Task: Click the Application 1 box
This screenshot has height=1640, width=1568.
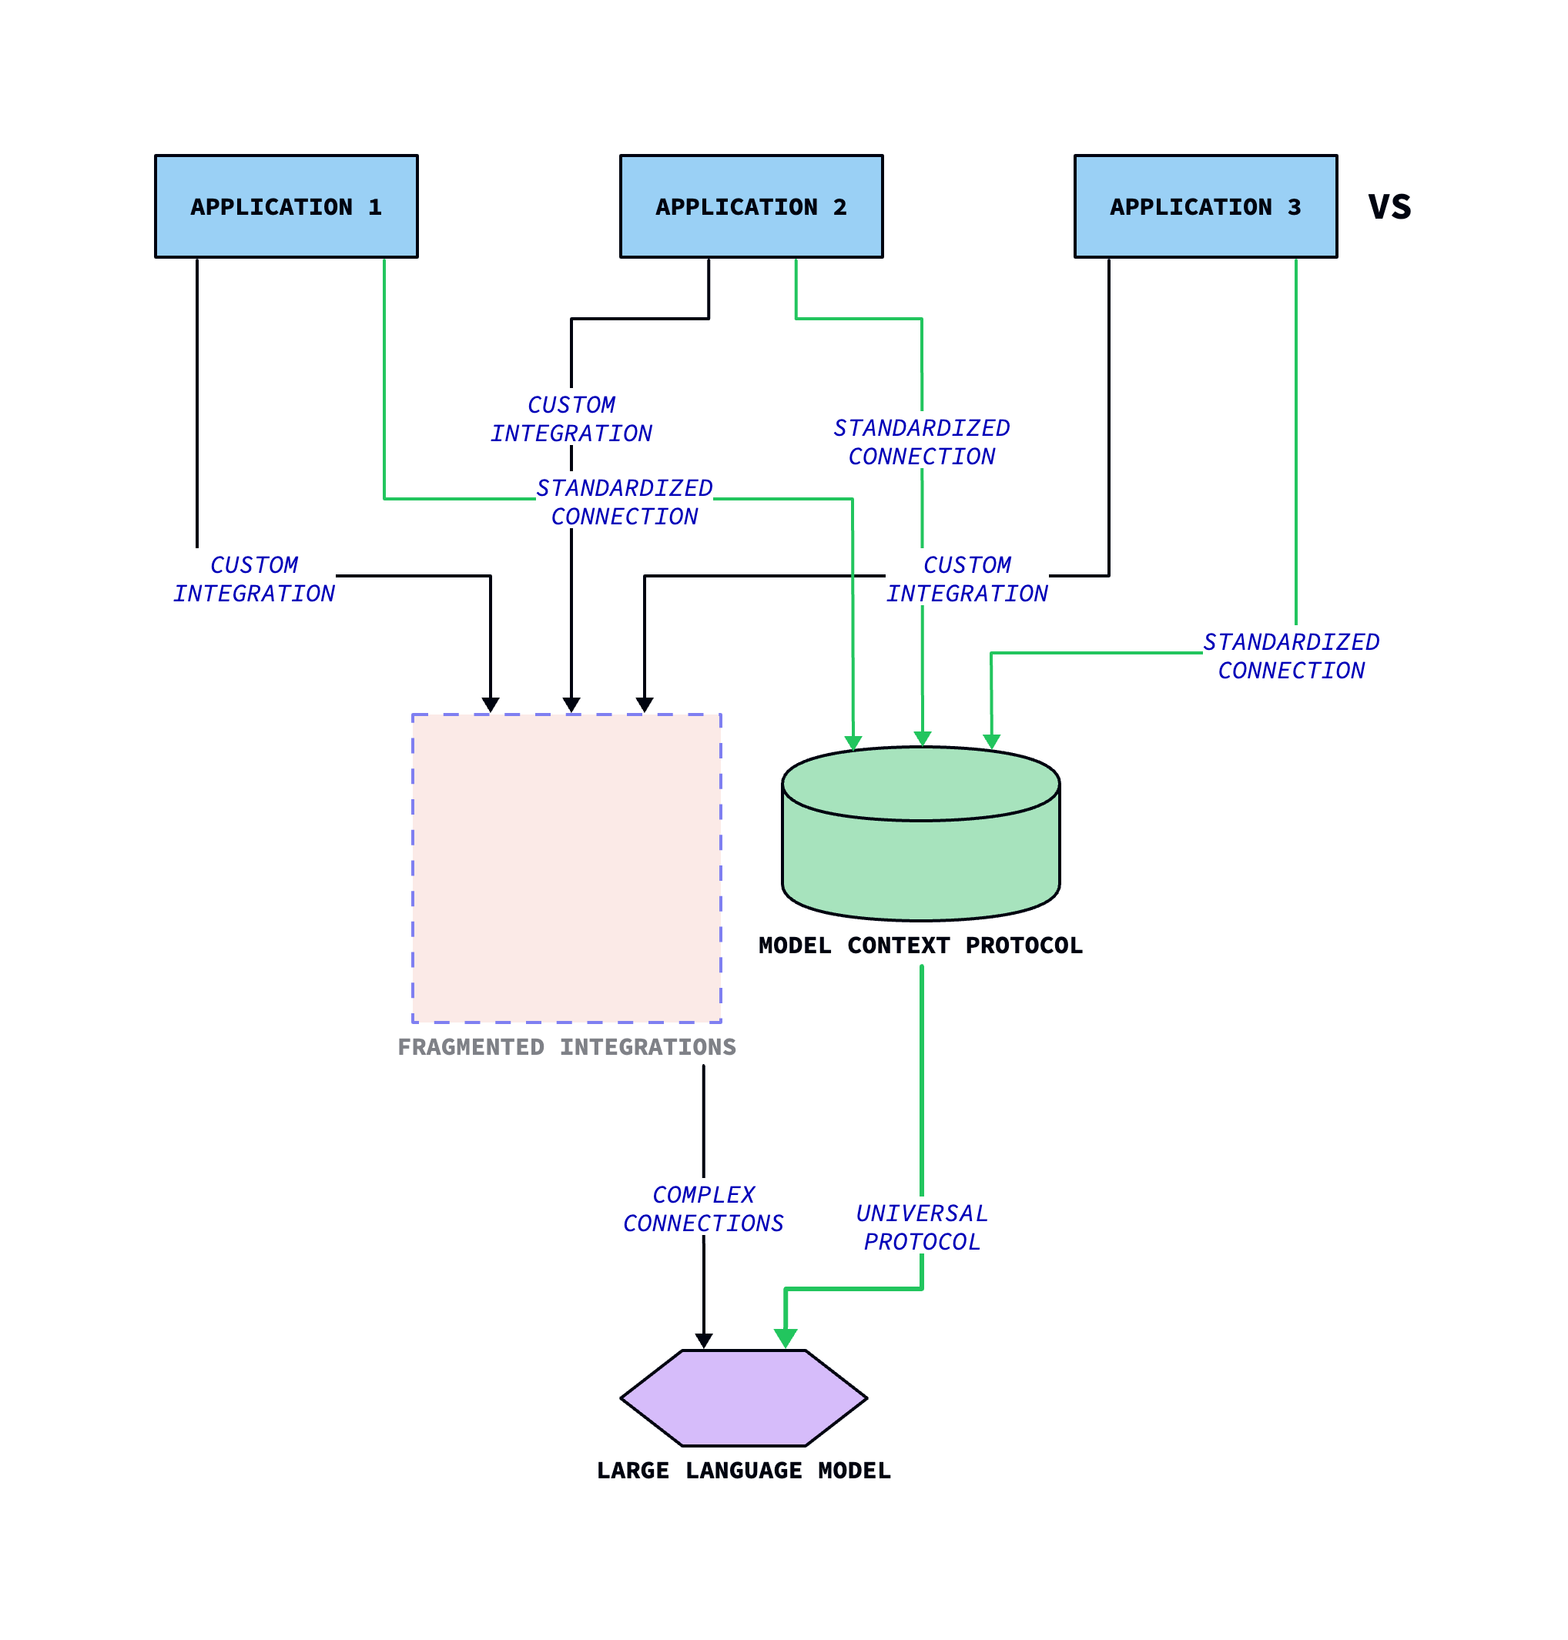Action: click(x=286, y=206)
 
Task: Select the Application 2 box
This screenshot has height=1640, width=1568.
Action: click(x=751, y=206)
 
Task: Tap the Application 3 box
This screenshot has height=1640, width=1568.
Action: click(x=1204, y=206)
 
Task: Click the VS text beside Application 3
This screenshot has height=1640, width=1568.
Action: click(x=1389, y=206)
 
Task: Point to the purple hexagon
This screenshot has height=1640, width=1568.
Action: click(x=743, y=1398)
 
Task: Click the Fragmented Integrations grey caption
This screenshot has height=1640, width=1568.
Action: click(x=567, y=1047)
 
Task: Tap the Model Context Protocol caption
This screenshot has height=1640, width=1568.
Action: click(x=920, y=945)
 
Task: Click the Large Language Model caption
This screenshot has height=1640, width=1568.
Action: click(x=743, y=1471)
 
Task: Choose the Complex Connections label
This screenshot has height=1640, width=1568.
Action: click(x=703, y=1209)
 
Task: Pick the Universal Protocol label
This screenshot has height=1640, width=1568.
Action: click(x=921, y=1227)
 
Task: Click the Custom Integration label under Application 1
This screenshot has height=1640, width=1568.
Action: click(x=254, y=579)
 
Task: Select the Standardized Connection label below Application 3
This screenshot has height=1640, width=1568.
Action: click(x=1291, y=656)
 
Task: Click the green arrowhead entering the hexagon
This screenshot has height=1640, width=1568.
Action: click(x=785, y=1338)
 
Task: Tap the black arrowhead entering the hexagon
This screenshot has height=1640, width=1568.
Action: click(x=704, y=1341)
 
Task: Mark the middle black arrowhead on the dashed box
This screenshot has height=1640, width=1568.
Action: click(x=571, y=705)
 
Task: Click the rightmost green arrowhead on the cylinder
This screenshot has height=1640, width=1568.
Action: click(x=991, y=741)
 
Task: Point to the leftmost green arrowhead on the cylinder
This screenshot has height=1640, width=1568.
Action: click(x=853, y=743)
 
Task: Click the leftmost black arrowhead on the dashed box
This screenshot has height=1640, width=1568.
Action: click(x=490, y=705)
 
